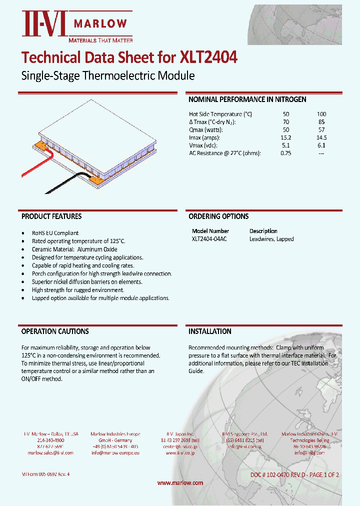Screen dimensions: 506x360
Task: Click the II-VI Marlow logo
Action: coord(75,26)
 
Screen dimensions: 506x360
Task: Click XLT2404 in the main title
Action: coord(208,57)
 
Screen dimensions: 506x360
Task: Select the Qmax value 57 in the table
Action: coord(321,129)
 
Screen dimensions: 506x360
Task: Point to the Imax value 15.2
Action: coord(286,137)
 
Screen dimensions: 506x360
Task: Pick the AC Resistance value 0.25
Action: coord(286,153)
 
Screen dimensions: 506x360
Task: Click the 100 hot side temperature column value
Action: coord(321,114)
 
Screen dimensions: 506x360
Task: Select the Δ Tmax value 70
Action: coord(286,122)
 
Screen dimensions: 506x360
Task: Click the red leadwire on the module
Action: coord(35,168)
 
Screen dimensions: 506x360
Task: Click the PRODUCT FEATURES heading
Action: coord(51,216)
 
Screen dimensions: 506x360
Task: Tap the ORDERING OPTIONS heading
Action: coord(218,216)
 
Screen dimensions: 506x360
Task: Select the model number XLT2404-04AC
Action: coord(209,239)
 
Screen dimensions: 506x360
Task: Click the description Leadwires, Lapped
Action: coord(271,239)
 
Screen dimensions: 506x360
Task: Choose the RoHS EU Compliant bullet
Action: coord(55,233)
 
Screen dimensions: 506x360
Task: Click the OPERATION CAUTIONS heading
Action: coord(55,331)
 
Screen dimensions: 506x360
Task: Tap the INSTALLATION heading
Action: coord(209,331)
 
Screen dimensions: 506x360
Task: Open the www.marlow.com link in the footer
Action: coord(180,482)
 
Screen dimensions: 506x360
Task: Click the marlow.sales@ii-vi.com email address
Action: coord(50,452)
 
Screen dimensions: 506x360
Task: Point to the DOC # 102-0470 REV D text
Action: coord(280,474)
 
